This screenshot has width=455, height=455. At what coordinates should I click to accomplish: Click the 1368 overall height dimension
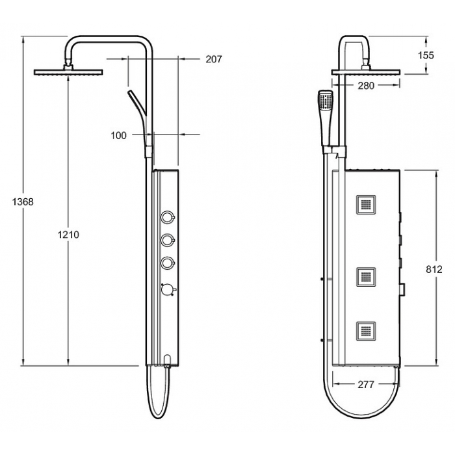(23, 201)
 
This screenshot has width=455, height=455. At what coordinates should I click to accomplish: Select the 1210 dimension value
(68, 235)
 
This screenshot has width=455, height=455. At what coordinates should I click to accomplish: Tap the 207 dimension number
(214, 59)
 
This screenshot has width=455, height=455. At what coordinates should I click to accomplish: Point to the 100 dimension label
(119, 135)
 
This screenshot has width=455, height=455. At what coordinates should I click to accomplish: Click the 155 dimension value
(426, 55)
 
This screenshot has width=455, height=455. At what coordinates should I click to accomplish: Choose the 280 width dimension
(366, 86)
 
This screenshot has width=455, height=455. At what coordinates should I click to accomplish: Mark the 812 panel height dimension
(434, 270)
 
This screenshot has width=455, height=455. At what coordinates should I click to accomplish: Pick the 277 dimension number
(366, 385)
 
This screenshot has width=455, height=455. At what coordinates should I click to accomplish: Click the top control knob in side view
(168, 216)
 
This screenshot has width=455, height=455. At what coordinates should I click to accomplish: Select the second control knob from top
(168, 240)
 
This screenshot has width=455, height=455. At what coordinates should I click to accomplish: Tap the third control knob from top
(168, 263)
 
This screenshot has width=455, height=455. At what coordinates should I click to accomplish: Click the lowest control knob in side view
(168, 289)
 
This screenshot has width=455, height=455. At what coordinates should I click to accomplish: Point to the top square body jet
(366, 205)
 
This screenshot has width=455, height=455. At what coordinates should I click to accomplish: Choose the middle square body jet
(366, 277)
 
